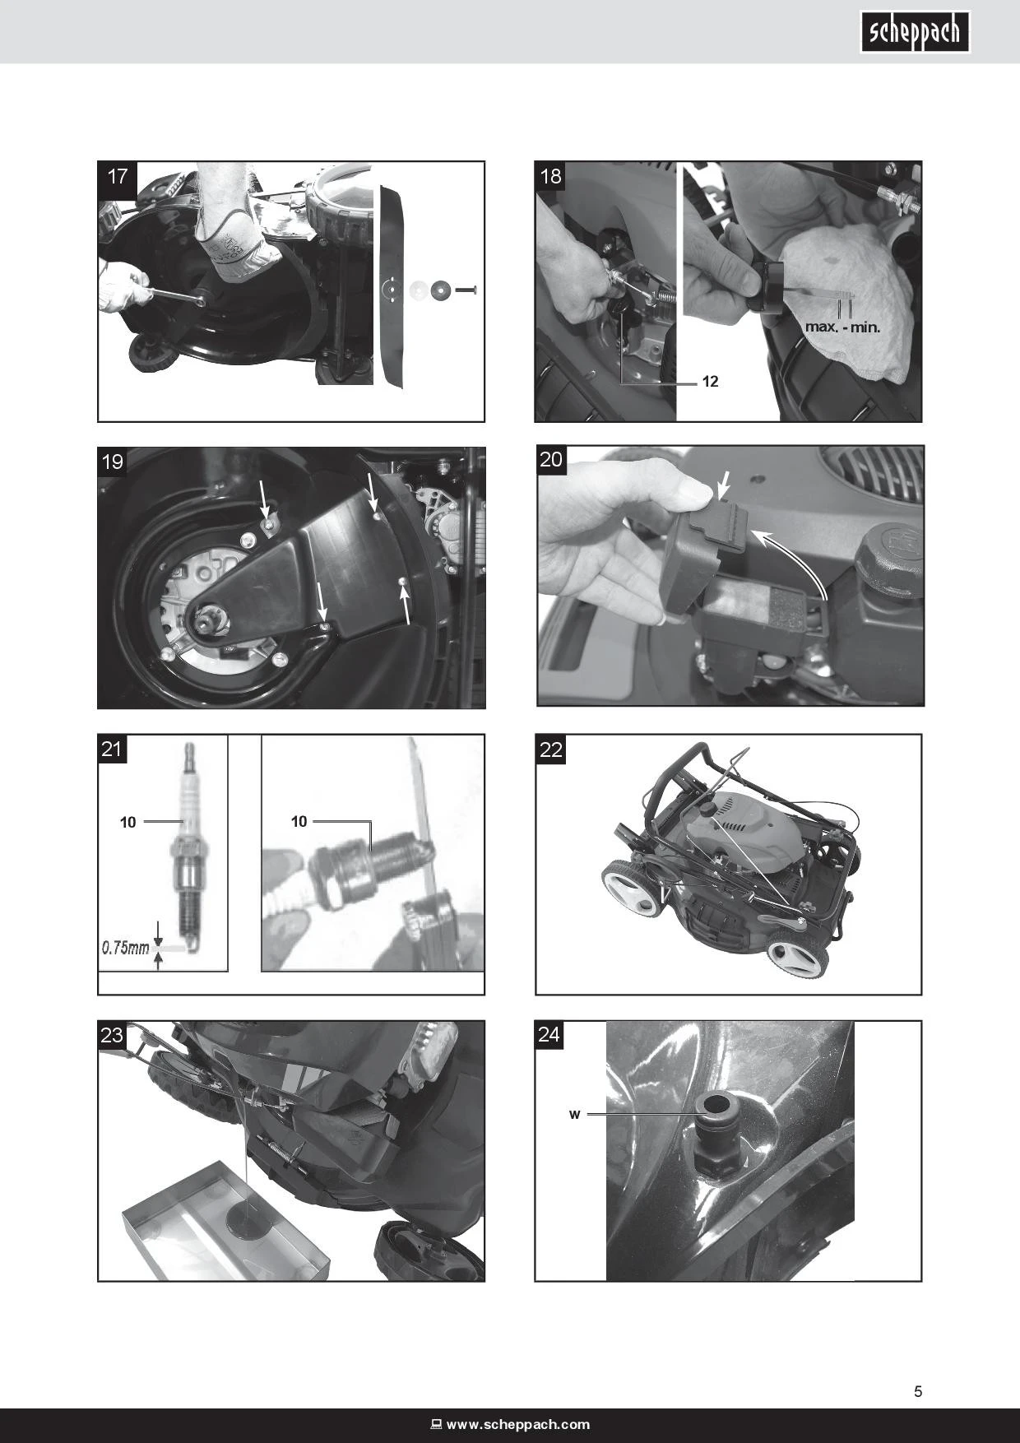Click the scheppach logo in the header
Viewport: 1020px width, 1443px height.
pos(916,33)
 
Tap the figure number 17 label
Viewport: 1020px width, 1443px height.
pos(118,176)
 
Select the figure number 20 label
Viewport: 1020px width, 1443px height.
pos(551,459)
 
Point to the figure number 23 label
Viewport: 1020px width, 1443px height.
pos(112,1035)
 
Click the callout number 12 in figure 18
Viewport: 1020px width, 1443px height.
pos(710,383)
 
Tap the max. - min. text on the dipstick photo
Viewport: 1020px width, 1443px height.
pos(842,327)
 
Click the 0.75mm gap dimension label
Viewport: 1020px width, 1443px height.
pos(125,948)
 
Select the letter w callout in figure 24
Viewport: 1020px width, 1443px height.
pos(575,1115)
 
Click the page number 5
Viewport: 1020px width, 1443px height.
pos(918,1392)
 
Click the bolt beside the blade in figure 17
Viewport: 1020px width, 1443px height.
pos(468,290)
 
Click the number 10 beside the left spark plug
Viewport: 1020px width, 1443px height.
pos(128,822)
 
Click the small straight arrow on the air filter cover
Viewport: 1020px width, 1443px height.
pos(725,484)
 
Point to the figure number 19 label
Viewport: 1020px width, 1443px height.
pos(113,462)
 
